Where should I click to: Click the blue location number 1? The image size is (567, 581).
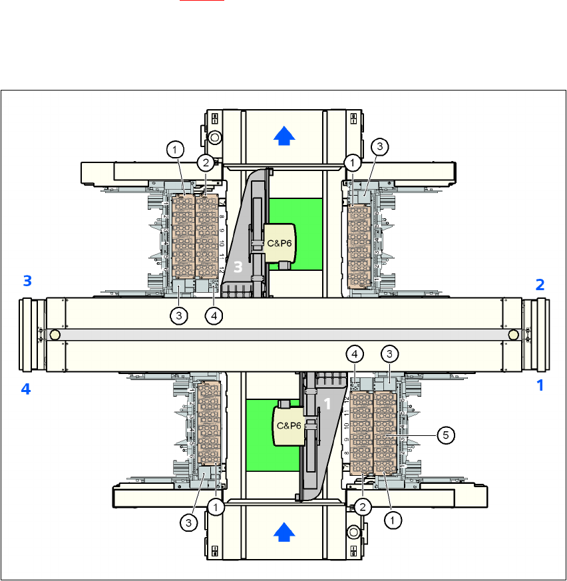(540, 385)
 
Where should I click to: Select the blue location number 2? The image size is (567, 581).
(540, 285)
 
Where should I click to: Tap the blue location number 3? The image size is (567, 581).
(27, 281)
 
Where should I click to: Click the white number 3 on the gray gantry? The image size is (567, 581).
(238, 266)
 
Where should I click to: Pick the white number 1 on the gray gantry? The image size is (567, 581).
(327, 403)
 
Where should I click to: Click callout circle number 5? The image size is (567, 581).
(446, 435)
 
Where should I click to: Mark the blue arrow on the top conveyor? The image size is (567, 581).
(284, 136)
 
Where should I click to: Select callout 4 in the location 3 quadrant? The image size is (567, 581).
(214, 316)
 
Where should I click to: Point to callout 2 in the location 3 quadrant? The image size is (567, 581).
(206, 162)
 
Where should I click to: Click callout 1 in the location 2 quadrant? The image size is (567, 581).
(352, 162)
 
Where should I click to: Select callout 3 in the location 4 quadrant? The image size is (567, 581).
(190, 523)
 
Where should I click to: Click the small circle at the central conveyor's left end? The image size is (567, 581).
(55, 334)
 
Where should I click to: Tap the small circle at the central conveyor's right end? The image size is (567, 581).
(512, 334)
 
